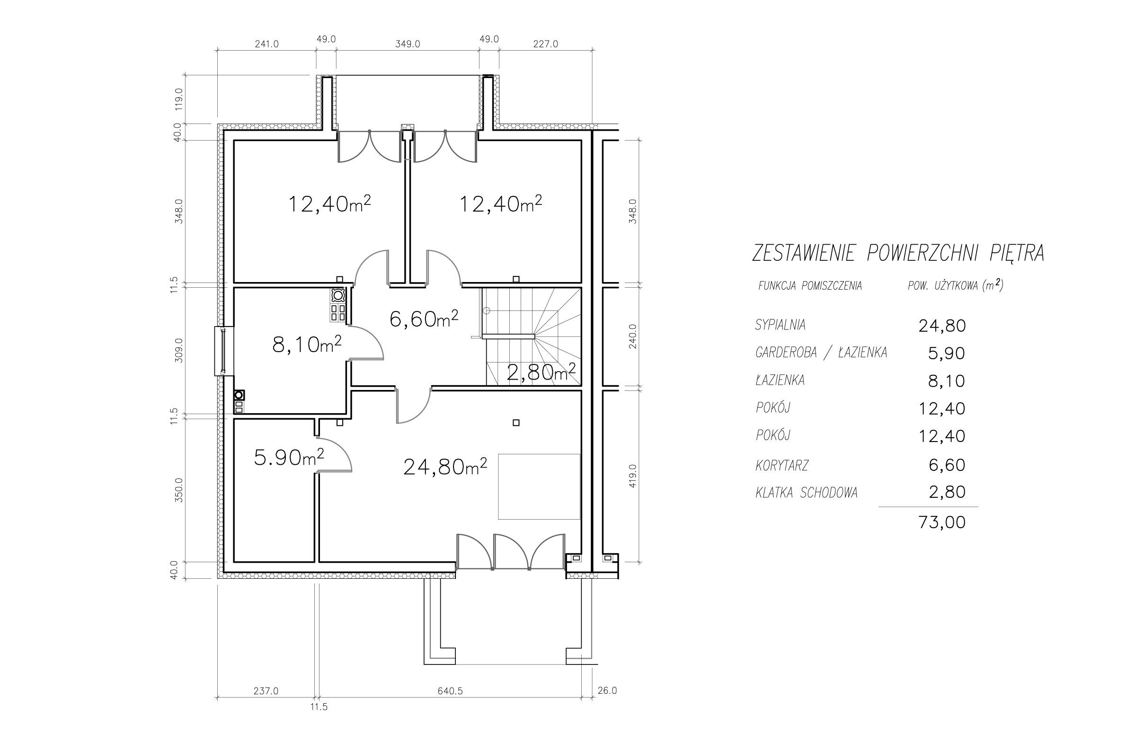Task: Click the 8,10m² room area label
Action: click(307, 344)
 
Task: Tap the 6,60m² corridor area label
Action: click(424, 318)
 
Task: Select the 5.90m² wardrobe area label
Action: click(289, 457)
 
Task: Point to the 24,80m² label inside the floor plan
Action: click(445, 467)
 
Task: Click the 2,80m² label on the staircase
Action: click(541, 372)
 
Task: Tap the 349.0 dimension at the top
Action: click(408, 44)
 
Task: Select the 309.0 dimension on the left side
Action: click(179, 350)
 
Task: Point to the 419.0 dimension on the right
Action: click(632, 476)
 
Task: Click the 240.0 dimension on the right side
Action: click(632, 336)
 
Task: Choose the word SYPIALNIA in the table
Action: click(781, 325)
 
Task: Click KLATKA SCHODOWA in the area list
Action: click(807, 493)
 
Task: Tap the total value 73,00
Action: click(941, 522)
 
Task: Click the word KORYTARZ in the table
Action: click(782, 465)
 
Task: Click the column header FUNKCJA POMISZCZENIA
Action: click(810, 286)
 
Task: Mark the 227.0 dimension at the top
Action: click(545, 44)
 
